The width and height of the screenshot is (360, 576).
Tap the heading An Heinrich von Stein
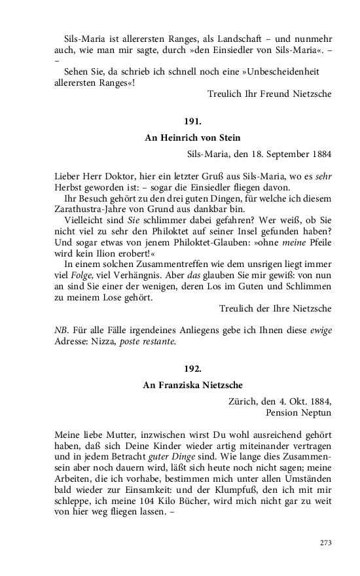pyautogui.click(x=192, y=137)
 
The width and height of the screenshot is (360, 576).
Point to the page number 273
pyautogui.click(x=325, y=543)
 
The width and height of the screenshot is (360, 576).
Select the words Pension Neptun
pyautogui.click(x=298, y=413)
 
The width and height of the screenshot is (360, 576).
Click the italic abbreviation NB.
pyautogui.click(x=61, y=330)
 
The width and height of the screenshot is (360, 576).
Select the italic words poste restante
pyautogui.click(x=147, y=341)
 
